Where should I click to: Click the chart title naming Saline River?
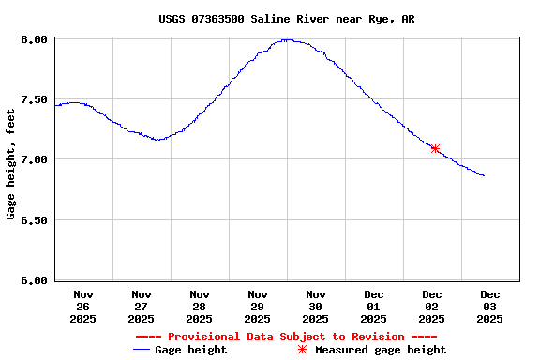(x=287, y=19)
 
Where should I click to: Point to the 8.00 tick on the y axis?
(x=34, y=39)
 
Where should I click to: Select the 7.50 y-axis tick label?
(x=34, y=99)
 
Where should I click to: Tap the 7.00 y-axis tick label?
(x=34, y=159)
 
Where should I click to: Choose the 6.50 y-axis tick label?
(x=34, y=220)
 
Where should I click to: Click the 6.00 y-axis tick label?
(x=34, y=280)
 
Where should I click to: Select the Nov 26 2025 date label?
(x=83, y=307)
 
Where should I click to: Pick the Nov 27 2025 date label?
(x=142, y=307)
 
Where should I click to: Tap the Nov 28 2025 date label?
(x=200, y=307)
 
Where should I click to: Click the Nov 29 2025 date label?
(x=258, y=307)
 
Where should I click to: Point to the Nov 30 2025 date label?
(x=316, y=307)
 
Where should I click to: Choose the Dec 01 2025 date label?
(x=374, y=307)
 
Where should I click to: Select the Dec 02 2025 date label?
(x=432, y=307)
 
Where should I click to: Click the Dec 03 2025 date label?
(x=490, y=307)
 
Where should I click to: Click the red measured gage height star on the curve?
(x=435, y=148)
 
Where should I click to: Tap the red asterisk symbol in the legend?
(x=302, y=350)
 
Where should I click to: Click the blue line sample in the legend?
(x=142, y=350)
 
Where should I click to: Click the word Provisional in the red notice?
(x=205, y=337)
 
